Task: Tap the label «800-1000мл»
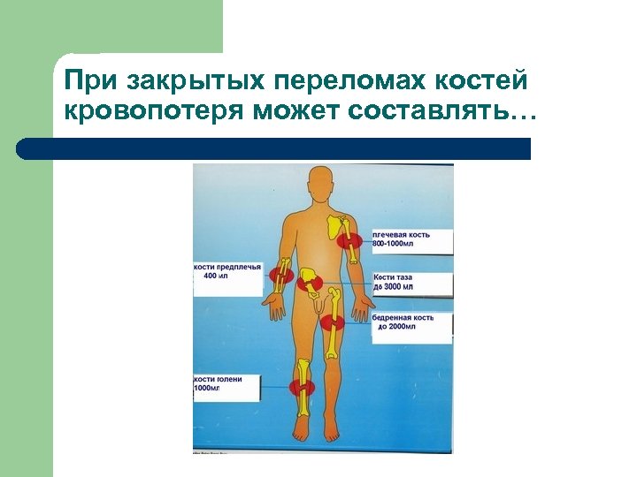click(x=400, y=244)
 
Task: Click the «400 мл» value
click(x=216, y=276)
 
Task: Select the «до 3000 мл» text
click(x=394, y=288)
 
